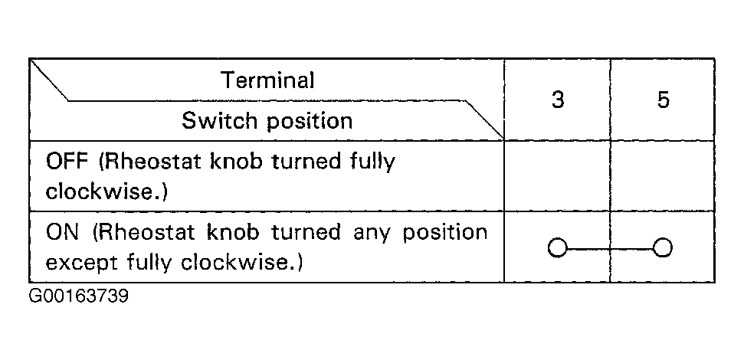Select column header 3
tap(558, 100)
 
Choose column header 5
tap(664, 100)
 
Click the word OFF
tap(67, 162)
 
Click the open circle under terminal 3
tap(558, 248)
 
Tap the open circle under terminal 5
tap(662, 248)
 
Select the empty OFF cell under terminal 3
tap(557, 175)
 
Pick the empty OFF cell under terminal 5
tap(663, 175)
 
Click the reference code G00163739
tap(79, 297)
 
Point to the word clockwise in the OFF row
tap(102, 192)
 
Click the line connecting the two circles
tap(610, 248)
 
